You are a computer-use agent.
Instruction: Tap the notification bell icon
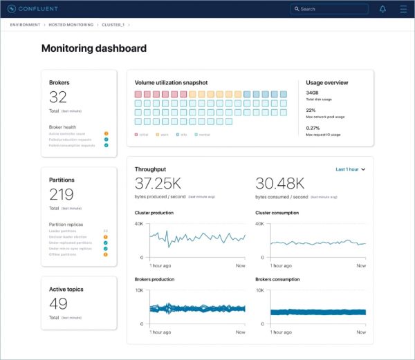[x=382, y=9]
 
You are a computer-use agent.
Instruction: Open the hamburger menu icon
[x=403, y=9]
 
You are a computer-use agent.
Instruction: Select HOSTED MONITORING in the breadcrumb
[x=71, y=25]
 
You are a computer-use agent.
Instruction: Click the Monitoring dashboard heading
[x=94, y=48]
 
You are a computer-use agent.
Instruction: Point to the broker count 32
[x=58, y=97]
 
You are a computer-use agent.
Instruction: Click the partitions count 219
[x=62, y=195]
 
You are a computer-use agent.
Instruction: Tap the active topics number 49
[x=58, y=304]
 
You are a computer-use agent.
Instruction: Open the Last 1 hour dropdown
[x=350, y=169]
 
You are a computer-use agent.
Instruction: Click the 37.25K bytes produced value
[x=158, y=184]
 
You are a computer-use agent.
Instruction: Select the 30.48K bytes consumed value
[x=279, y=184]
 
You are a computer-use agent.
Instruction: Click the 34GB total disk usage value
[x=313, y=93]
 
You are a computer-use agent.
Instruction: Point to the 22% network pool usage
[x=311, y=110]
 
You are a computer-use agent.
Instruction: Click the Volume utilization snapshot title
[x=171, y=83]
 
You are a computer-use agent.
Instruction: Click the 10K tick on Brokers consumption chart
[x=261, y=291]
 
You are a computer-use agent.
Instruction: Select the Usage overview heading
[x=327, y=83]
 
